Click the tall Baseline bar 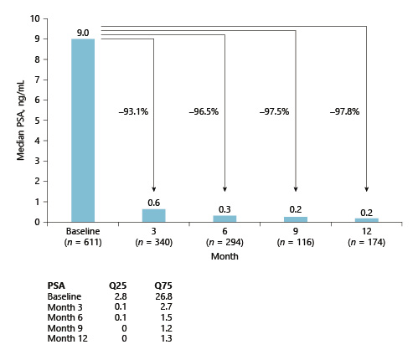pos(83,130)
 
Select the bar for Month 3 pos(154,215)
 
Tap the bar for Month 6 pos(225,219)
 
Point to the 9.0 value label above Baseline pos(83,33)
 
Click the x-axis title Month pos(225,257)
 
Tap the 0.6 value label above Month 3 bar pos(154,202)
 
